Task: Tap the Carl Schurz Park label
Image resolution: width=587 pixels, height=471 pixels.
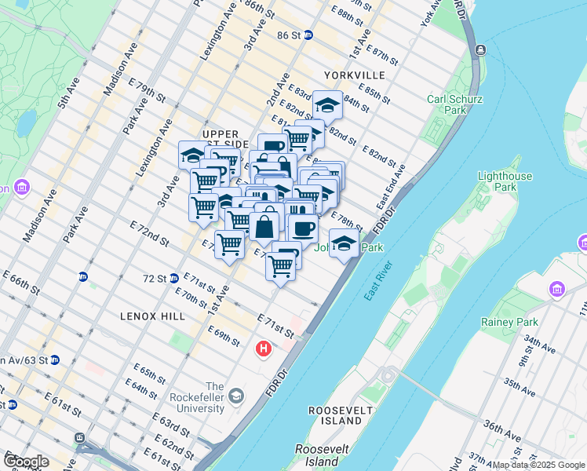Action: (454, 104)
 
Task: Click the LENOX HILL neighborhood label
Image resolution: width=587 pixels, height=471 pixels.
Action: (153, 316)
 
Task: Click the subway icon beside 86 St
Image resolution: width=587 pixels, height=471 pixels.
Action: (308, 35)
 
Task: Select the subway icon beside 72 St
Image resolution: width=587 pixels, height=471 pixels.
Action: (173, 278)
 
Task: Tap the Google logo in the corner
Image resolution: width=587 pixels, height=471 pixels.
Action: (26, 462)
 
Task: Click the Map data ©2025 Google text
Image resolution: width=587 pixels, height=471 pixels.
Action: (538, 465)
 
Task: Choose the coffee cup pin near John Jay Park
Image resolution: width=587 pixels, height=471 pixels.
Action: (303, 228)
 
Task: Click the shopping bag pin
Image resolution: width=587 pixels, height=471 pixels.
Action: (265, 228)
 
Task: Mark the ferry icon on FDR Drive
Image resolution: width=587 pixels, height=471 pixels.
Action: (479, 49)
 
